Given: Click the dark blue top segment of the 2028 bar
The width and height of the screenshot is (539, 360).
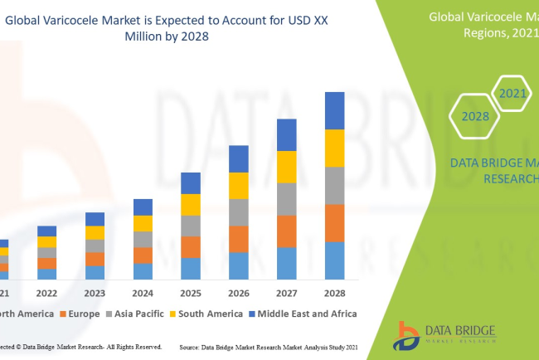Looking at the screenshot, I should pyautogui.click(x=334, y=110).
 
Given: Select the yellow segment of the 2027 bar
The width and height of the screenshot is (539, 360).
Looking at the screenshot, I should pyautogui.click(x=286, y=167).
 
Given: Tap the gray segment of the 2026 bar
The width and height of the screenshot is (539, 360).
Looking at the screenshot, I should pyautogui.click(x=239, y=212).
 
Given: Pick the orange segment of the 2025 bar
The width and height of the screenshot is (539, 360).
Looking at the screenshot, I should pyautogui.click(x=191, y=246).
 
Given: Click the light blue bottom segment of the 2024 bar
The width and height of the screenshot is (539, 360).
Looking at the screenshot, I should pyautogui.click(x=143, y=270).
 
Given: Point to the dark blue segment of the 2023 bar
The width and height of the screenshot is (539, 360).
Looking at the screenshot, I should pyautogui.click(x=95, y=219).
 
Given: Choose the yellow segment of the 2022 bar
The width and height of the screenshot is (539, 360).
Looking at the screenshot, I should pyautogui.click(x=47, y=241).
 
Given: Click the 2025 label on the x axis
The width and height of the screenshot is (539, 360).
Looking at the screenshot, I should pyautogui.click(x=191, y=293).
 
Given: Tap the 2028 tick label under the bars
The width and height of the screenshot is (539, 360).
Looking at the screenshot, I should pyautogui.click(x=334, y=293).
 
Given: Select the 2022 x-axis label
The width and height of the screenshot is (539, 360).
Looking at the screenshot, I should pyautogui.click(x=47, y=293).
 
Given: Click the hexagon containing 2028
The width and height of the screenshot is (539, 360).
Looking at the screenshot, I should pyautogui.click(x=475, y=116).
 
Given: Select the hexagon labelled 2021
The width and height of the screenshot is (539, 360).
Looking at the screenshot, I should pyautogui.click(x=512, y=93).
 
